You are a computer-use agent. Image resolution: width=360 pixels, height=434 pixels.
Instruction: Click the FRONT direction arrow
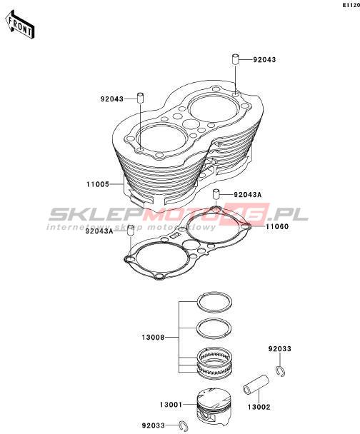20,25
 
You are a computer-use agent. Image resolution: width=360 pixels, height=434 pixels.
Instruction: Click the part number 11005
98,184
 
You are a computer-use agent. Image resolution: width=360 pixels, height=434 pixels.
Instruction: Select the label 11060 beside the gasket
277,226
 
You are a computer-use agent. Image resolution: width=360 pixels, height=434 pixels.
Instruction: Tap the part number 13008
153,338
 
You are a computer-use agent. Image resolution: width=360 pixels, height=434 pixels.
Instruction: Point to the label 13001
171,405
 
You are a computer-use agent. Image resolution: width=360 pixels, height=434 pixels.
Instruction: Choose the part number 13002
259,407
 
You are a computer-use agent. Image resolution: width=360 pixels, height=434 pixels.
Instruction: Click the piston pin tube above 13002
256,385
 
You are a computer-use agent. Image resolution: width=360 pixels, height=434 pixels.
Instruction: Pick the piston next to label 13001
214,406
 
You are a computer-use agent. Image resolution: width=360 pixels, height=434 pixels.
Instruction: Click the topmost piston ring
214,302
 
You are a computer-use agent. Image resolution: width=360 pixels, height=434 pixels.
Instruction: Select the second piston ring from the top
214,328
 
